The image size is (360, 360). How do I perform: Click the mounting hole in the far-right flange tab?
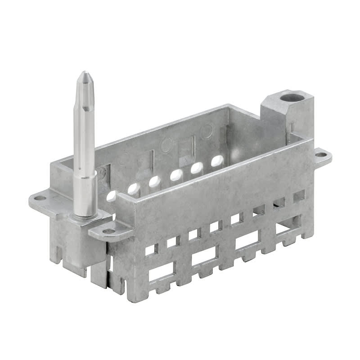tap(320, 155)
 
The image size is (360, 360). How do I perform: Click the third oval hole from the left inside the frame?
tap(154, 181)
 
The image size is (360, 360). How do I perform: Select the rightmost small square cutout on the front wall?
tap(299, 196)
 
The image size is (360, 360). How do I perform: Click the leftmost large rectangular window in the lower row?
tap(161, 272)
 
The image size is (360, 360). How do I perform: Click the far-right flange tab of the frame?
tap(322, 157)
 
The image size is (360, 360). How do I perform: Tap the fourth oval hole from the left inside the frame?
tap(176, 175)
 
